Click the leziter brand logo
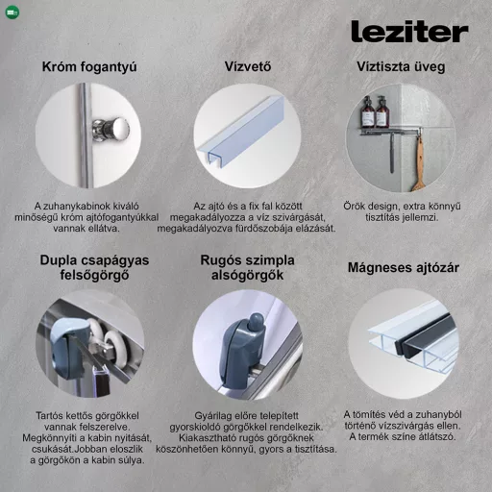click(408, 32)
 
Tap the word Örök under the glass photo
click(356, 206)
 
